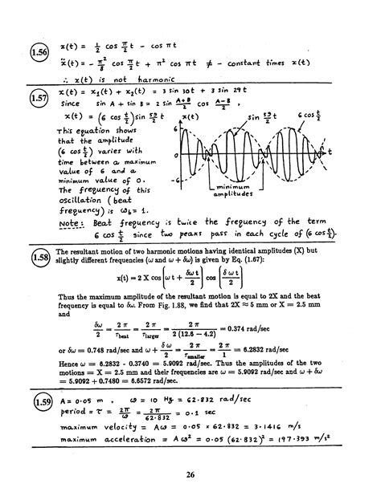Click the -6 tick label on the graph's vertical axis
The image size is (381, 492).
click(173, 179)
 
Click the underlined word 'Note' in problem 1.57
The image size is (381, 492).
click(75, 222)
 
